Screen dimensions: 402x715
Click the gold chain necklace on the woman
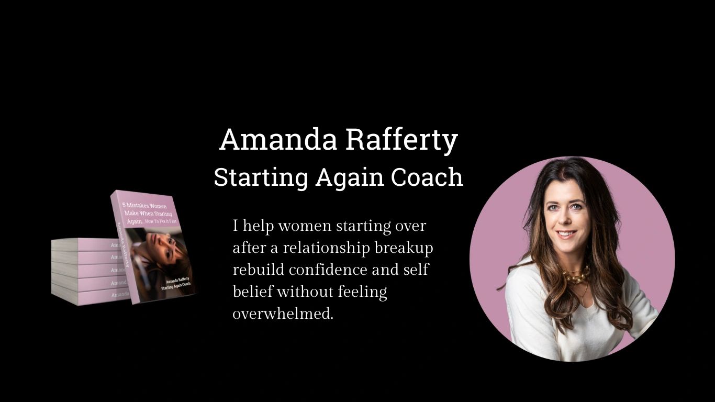[576, 276]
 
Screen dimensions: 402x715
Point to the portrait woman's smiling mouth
[566, 234]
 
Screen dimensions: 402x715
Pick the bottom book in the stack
[89, 296]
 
